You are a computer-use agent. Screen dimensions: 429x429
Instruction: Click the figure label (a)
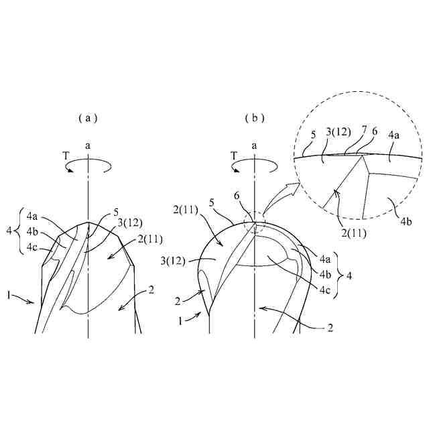click(88, 117)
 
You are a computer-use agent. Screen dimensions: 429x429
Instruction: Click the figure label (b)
click(254, 117)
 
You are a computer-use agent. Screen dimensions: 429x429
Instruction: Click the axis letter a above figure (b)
click(255, 145)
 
